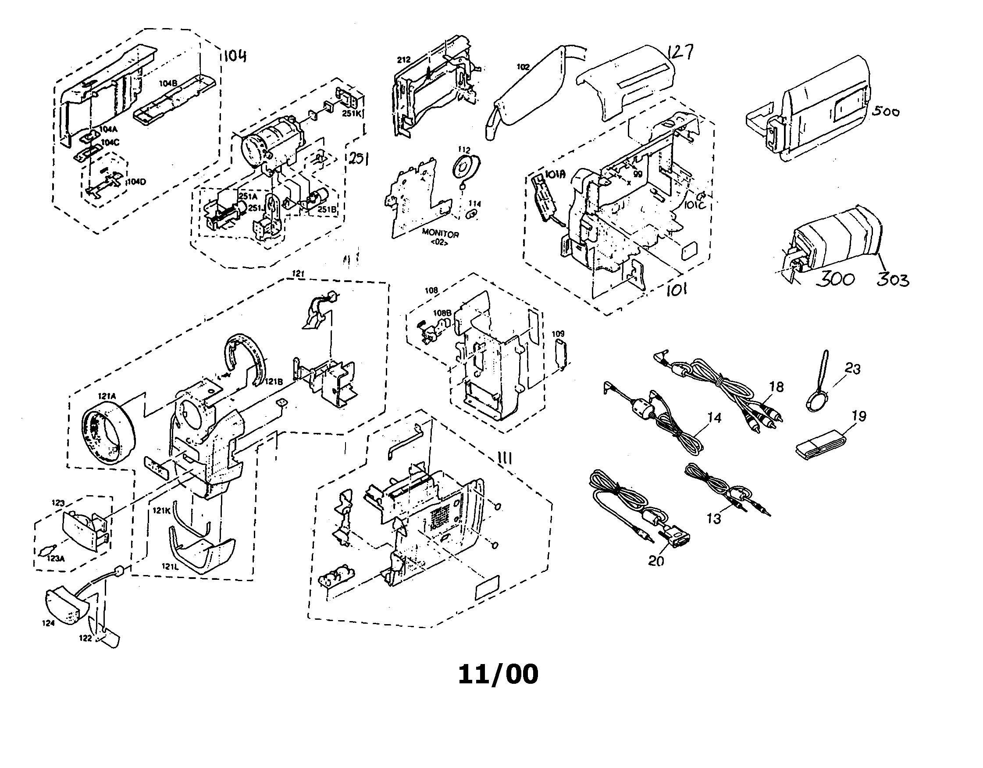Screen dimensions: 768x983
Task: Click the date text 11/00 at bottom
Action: pos(498,675)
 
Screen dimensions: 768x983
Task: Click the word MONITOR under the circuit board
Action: pos(440,234)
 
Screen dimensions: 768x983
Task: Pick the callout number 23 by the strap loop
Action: pos(852,369)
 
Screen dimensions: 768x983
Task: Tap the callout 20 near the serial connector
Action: pos(656,561)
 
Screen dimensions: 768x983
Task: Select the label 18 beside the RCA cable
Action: pos(776,387)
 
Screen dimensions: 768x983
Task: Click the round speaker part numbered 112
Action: pos(465,167)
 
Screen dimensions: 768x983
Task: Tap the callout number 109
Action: pos(558,334)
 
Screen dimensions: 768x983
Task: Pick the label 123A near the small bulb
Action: pos(56,559)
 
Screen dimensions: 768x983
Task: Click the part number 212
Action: pos(404,59)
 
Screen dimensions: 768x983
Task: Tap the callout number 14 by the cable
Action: pos(714,418)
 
